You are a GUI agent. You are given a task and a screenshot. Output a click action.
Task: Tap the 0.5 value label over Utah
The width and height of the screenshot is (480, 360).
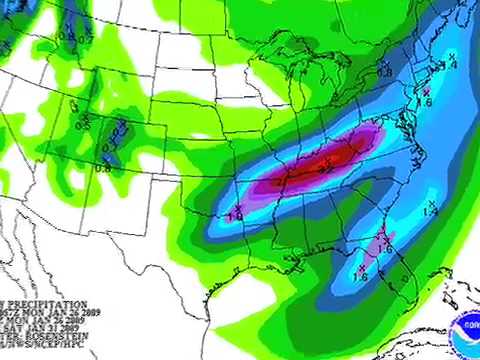(x=82, y=125)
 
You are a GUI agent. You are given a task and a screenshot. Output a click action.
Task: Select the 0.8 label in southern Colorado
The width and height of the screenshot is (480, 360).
(x=103, y=168)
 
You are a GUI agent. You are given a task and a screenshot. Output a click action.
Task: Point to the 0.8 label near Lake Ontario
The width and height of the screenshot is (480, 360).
(x=384, y=72)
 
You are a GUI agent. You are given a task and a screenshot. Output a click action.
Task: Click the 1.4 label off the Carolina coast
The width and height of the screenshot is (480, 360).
(x=430, y=211)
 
